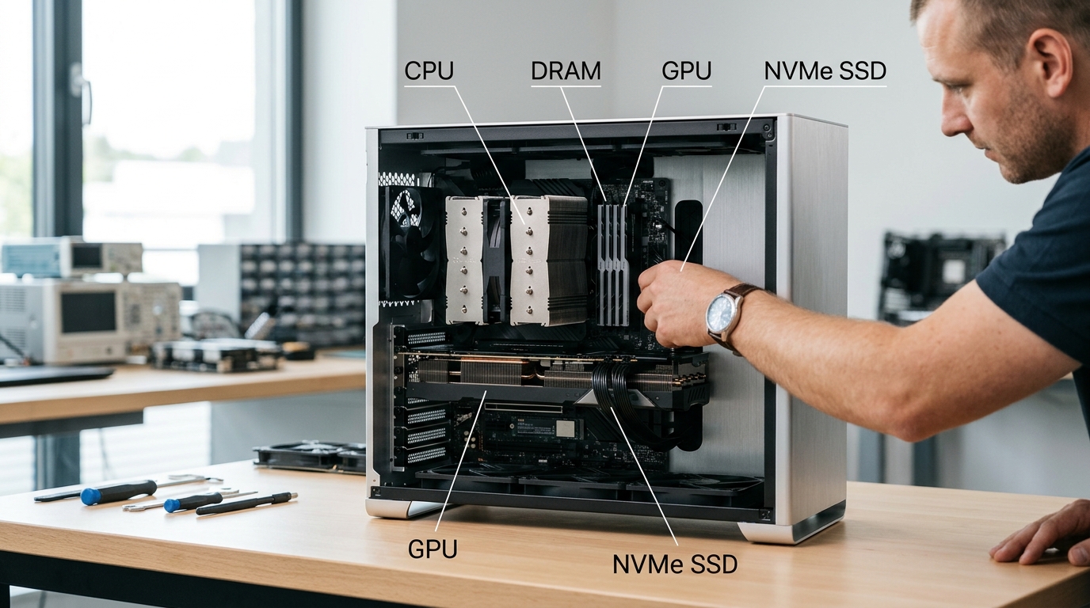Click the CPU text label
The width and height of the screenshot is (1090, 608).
pos(429,71)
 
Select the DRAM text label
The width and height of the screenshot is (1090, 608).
pos(566,71)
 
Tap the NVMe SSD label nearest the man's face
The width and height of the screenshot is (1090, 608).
pos(825,71)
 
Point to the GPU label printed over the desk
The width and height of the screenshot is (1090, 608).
pos(433,549)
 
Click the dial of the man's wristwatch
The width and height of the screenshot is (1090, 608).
pos(720,311)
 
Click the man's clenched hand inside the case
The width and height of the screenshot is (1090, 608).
pos(676,304)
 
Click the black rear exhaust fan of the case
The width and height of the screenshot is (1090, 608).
pos(409,242)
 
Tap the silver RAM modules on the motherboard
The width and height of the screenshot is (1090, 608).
pos(612,264)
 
